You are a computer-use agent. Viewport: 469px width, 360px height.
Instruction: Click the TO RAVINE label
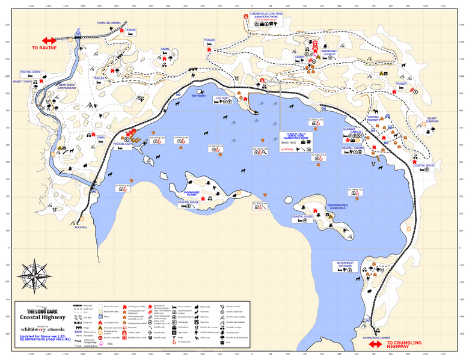43,46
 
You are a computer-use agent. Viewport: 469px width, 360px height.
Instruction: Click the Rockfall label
81,227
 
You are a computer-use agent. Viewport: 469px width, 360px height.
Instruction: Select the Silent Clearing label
432,120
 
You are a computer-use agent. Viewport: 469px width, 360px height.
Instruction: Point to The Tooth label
198,95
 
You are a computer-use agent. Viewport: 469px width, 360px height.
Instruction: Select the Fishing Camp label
123,144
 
